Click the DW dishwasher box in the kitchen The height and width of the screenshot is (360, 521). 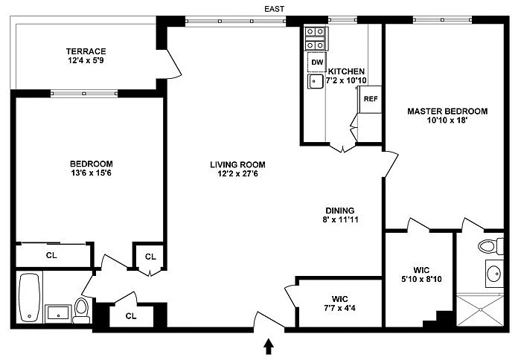(316, 62)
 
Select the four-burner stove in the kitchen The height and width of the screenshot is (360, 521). (316, 39)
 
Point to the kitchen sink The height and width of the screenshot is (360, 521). (316, 81)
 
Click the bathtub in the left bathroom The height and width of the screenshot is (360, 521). (30, 298)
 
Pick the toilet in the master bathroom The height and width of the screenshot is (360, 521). (491, 246)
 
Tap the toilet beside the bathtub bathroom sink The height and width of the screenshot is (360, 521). (81, 310)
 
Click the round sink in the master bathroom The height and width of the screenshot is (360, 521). (494, 274)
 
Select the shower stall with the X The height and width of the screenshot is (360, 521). (480, 310)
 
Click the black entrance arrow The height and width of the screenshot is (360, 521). (269, 347)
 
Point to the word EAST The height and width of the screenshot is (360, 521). (275, 9)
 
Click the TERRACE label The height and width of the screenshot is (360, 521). (86, 51)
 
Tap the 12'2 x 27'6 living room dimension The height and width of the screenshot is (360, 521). (238, 174)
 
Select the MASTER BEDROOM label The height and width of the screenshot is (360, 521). (447, 112)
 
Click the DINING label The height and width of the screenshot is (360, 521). (340, 210)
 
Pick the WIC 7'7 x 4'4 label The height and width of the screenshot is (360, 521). (340, 303)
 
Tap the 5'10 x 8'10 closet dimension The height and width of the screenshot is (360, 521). (422, 280)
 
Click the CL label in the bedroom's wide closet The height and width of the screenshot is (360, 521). (51, 255)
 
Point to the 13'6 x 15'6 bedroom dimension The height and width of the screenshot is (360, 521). (92, 173)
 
